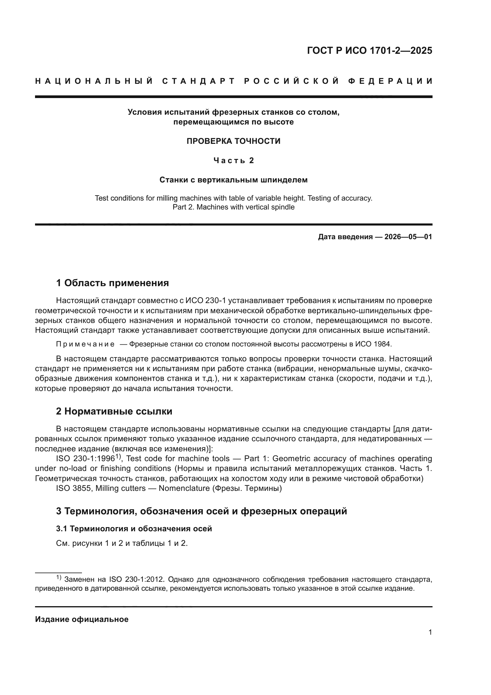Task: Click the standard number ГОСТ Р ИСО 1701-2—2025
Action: click(369, 51)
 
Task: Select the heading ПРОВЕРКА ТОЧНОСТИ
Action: click(233, 141)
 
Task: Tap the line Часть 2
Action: click(233, 160)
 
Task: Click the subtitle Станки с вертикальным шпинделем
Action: click(233, 180)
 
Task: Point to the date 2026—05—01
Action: click(408, 237)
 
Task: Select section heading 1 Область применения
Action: click(113, 283)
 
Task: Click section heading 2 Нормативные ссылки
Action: click(114, 411)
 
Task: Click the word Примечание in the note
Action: click(85, 344)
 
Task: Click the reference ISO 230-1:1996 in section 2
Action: click(85, 458)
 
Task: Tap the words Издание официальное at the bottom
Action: click(82, 619)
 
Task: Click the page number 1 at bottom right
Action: click(430, 632)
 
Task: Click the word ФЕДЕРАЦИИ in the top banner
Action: click(390, 81)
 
